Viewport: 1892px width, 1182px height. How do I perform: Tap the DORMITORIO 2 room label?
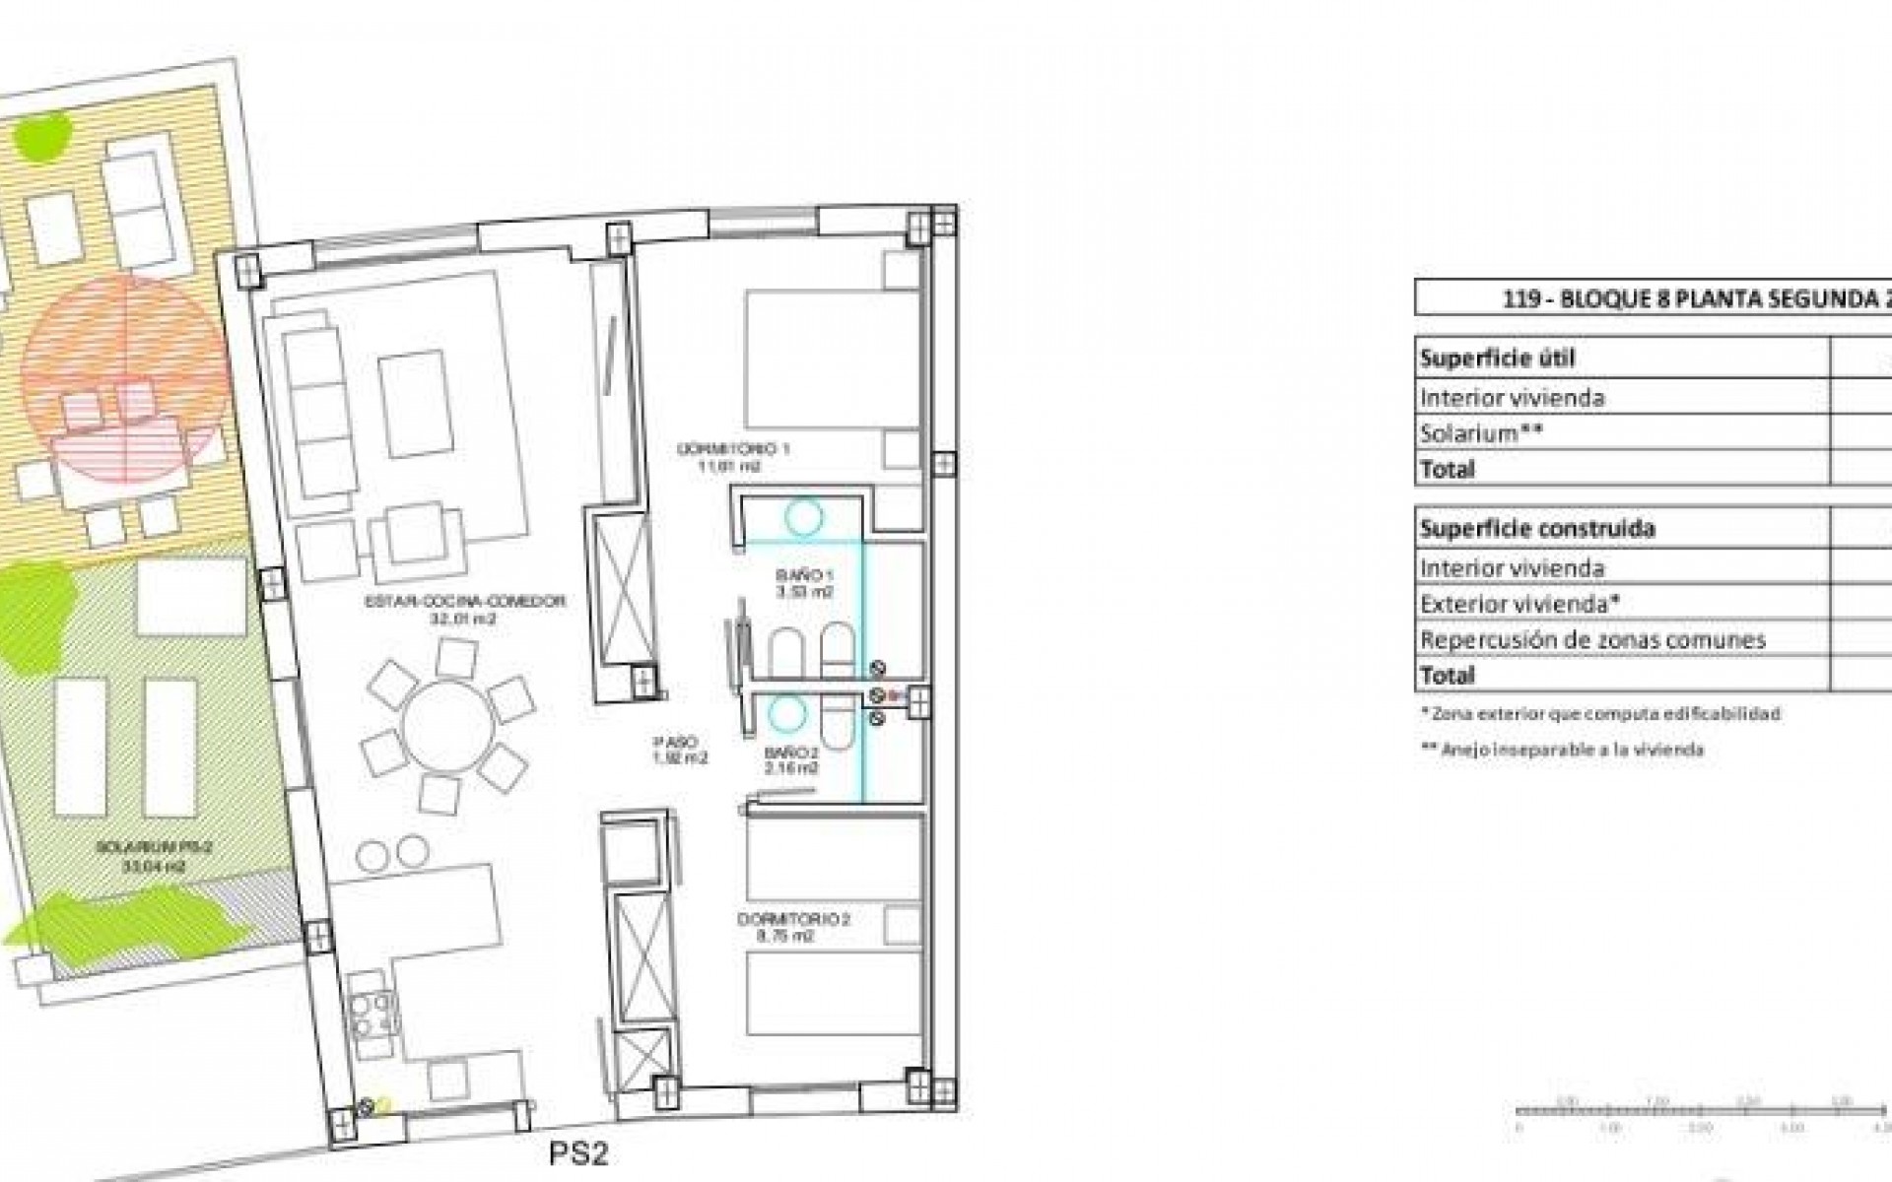(793, 927)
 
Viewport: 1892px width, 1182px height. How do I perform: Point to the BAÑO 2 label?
(791, 760)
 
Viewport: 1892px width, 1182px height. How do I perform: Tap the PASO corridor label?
(680, 750)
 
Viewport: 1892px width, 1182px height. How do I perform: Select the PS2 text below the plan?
(578, 1153)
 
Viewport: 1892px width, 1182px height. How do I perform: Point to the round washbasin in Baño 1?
(803, 516)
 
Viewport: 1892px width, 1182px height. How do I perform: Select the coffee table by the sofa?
(416, 404)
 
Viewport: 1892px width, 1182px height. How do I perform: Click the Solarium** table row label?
(1481, 433)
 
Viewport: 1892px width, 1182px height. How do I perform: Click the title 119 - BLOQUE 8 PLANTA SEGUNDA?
(1695, 299)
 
